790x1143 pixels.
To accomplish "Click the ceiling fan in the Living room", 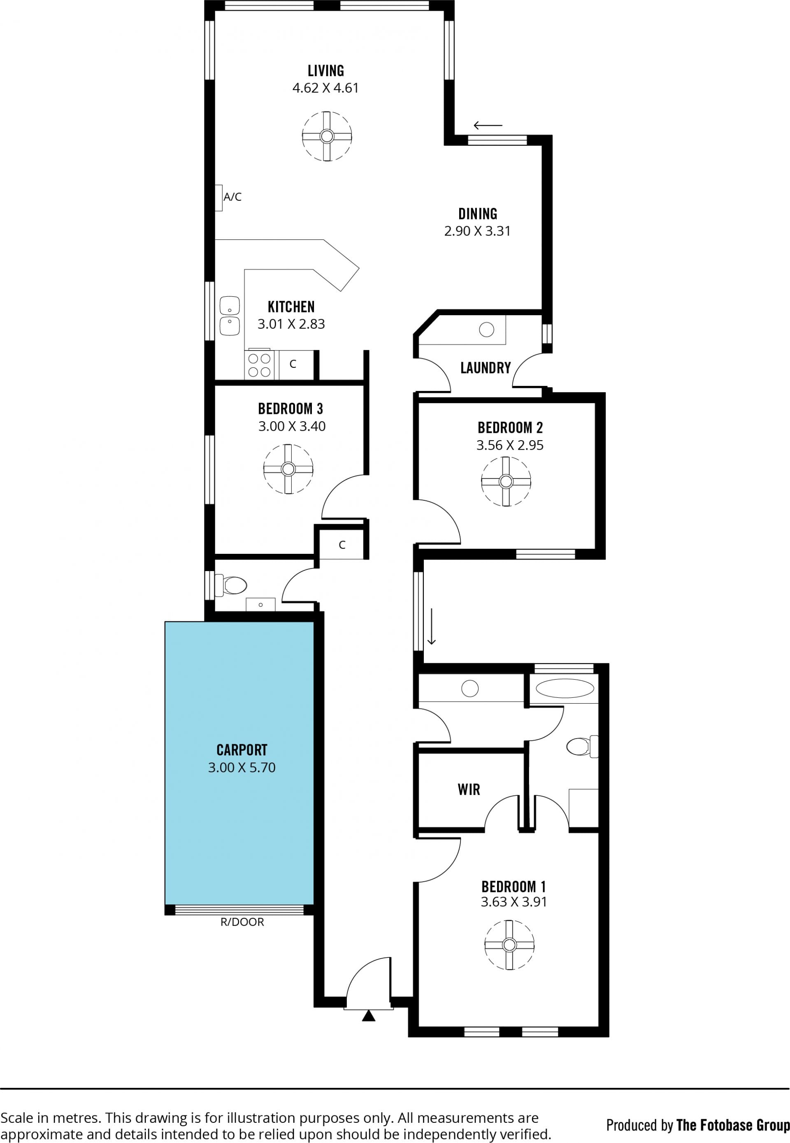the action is point(327,136).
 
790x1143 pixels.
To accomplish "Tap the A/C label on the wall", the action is point(232,197).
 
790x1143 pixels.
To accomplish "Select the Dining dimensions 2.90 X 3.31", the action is point(477,231).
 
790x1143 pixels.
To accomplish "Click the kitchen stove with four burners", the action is point(259,365).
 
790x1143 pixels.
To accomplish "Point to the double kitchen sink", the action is point(230,316).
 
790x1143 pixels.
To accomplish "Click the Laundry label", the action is point(485,368).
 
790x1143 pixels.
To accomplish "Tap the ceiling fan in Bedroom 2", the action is point(506,481).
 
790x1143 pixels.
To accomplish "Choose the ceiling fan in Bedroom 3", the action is point(288,469).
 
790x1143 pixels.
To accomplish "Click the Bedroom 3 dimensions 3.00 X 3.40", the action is point(292,426).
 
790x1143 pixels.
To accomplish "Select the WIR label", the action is point(469,789).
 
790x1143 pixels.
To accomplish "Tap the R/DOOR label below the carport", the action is point(242,922).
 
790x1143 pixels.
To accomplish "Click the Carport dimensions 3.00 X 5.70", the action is point(242,767).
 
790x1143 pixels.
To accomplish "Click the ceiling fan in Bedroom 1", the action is point(509,945).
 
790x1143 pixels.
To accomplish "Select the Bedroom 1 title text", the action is point(514,886).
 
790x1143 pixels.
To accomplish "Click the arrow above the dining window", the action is point(488,125).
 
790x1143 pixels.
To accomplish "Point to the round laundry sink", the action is point(487,329).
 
